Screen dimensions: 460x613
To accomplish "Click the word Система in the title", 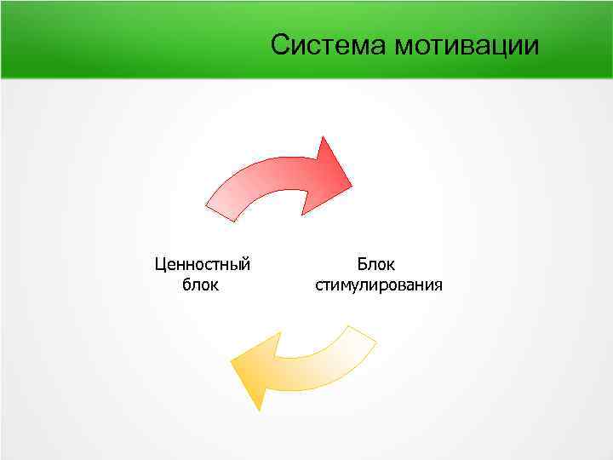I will point(329,44).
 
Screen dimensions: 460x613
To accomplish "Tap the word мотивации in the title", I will point(467,44).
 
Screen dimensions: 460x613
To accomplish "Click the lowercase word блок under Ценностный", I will point(201,285).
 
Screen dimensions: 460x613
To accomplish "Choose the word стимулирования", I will point(378,285).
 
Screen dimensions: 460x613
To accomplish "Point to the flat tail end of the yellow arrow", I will point(361,336).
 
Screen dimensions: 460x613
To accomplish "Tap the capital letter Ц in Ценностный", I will point(159,264).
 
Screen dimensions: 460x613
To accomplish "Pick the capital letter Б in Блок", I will point(362,264).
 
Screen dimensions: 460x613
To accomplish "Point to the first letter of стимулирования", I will point(319,285).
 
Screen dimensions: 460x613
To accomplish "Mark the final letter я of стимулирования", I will point(438,285).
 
